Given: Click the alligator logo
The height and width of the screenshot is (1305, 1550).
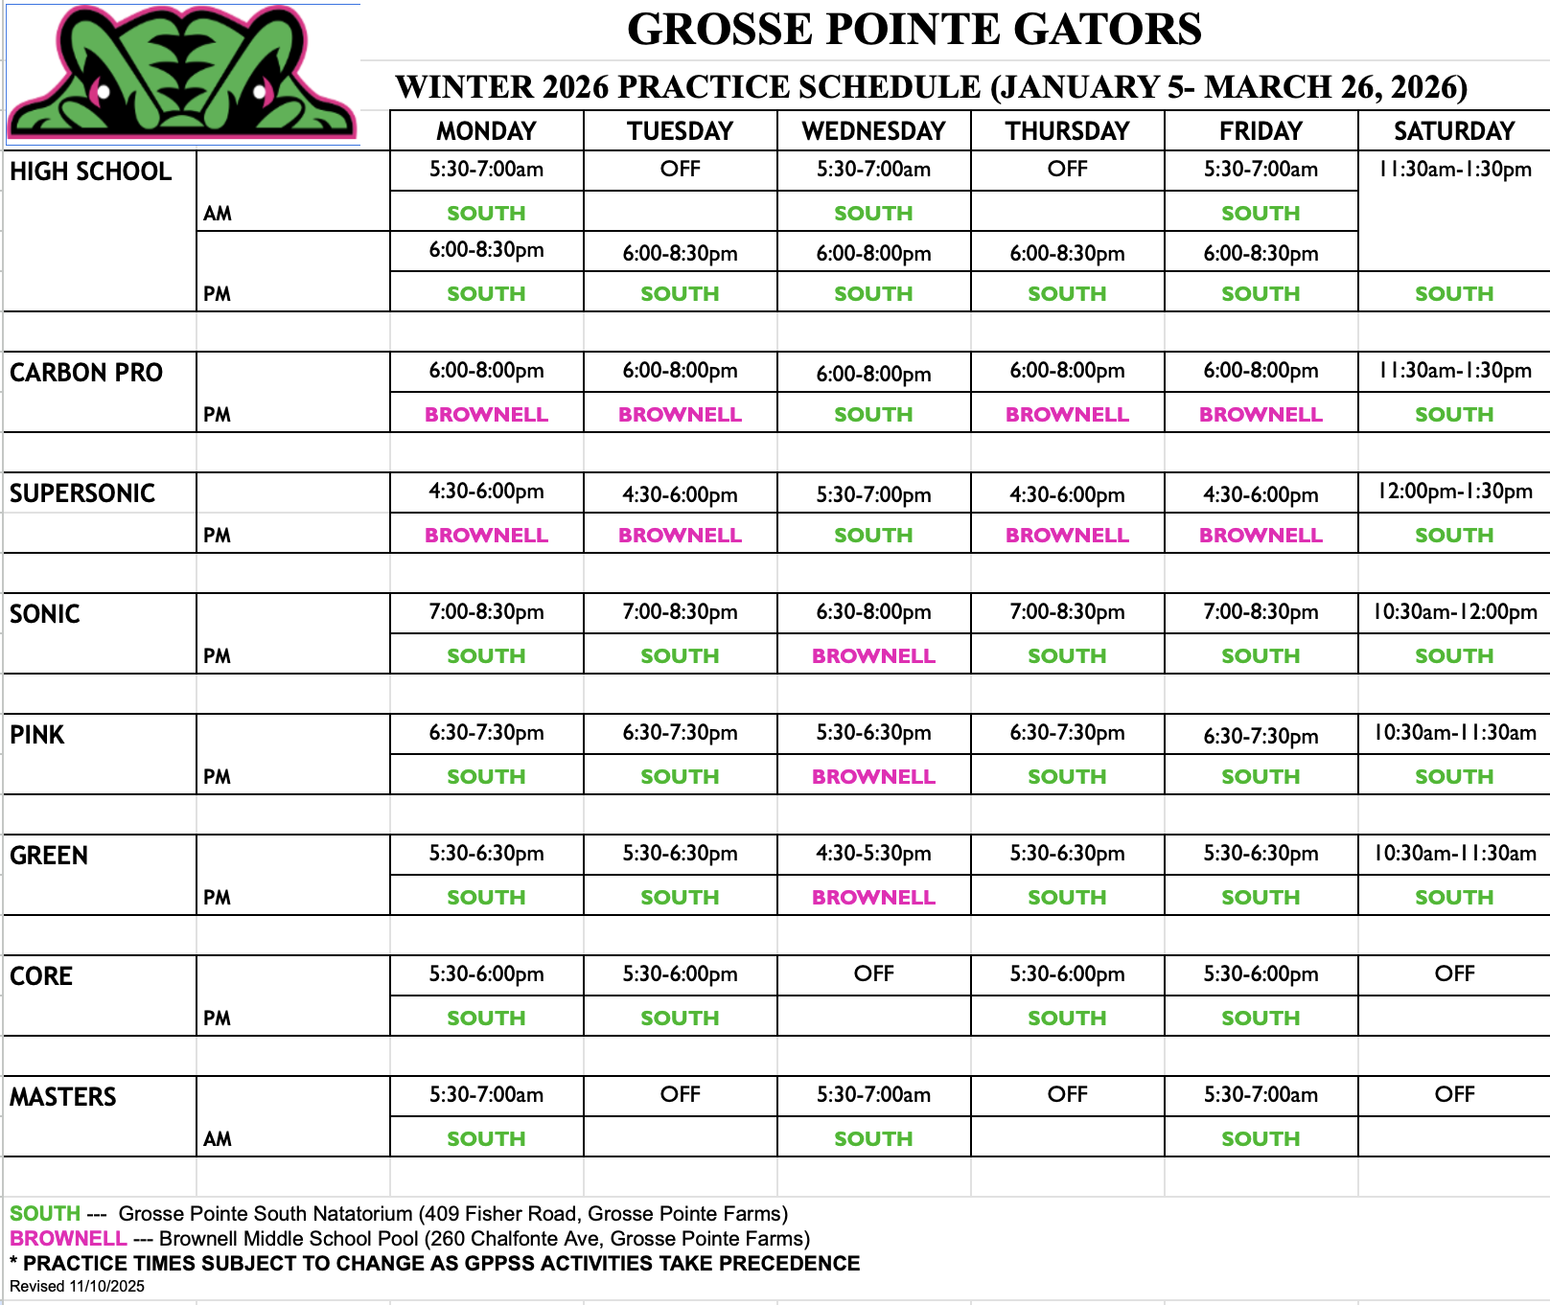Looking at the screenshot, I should coord(182,73).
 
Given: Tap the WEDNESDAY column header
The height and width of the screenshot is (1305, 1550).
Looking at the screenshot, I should coord(873,131).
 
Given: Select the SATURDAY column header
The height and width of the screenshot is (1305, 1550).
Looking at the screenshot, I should coord(1453,131).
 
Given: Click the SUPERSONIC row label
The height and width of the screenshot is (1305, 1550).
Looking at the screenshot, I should coord(82,493).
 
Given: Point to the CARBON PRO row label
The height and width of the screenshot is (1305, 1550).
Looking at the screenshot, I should coord(86,373).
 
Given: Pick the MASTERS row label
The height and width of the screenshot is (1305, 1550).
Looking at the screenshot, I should coord(63,1097).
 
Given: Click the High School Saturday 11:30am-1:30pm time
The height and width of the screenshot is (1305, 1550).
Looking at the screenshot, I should coord(1454,170).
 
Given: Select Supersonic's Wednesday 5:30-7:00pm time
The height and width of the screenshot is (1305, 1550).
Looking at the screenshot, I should coord(873,495).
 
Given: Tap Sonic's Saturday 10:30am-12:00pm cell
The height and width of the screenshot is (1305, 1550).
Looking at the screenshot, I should coord(1454,612).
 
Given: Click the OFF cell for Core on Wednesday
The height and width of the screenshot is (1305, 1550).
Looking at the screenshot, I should coord(873,974).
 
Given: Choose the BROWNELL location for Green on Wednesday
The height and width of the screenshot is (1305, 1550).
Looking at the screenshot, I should coord(873,898).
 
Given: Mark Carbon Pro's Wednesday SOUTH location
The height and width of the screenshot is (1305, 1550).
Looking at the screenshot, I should coord(873,415).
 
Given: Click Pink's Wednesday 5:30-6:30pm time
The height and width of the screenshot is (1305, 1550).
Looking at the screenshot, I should coord(873,733).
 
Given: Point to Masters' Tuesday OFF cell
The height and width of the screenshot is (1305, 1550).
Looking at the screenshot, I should coord(680,1095).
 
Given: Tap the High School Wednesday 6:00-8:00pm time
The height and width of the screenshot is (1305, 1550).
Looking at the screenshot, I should coord(873,254).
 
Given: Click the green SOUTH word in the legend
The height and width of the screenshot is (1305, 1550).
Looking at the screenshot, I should coord(45,1214).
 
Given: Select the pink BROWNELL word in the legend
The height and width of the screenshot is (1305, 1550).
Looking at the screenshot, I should coord(68,1239).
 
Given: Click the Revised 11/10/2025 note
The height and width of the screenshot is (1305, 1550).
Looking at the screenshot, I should coord(77,1287).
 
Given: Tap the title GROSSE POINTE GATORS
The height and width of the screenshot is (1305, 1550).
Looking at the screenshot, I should coord(914,30).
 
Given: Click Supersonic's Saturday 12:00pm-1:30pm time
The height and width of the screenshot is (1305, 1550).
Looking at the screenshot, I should coord(1454,492).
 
